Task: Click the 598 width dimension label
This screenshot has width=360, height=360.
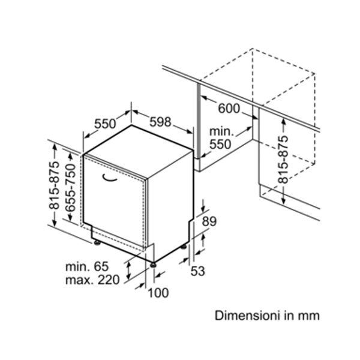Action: [160, 122]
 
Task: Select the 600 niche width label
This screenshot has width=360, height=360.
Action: [229, 109]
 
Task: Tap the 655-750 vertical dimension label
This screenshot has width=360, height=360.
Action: [70, 188]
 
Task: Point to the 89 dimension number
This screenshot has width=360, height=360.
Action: [209, 221]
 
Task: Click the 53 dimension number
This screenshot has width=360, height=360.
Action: [197, 271]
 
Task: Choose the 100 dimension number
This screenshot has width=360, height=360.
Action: [158, 293]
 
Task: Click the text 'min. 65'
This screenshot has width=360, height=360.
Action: [87, 266]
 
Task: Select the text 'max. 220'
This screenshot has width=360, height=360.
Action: [92, 280]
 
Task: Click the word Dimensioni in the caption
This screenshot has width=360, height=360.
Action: [247, 316]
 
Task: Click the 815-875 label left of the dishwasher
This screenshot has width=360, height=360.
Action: [54, 185]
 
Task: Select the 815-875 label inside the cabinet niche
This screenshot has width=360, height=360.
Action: [283, 160]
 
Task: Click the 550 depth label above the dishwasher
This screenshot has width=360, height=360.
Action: [105, 124]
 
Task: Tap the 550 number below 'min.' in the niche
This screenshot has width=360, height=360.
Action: [220, 145]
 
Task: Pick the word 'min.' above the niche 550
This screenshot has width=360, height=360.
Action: [221, 131]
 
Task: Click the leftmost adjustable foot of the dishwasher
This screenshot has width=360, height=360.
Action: [97, 242]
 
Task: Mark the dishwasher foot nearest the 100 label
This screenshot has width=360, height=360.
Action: [154, 265]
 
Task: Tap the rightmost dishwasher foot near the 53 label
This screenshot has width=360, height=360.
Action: [184, 247]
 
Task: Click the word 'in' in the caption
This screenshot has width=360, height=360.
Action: [289, 316]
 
